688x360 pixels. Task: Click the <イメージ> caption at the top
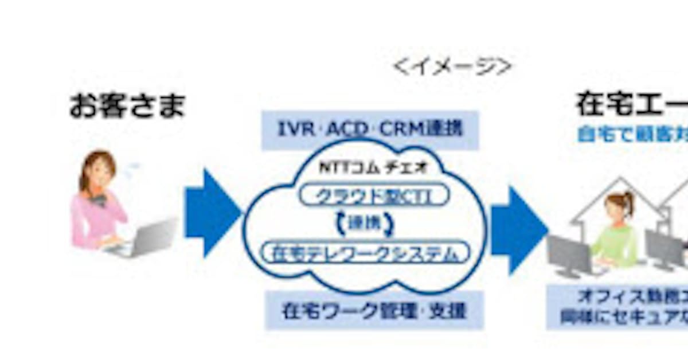click(x=452, y=66)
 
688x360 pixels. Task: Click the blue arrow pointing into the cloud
click(x=211, y=212)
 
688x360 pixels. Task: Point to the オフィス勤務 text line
click(x=631, y=297)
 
